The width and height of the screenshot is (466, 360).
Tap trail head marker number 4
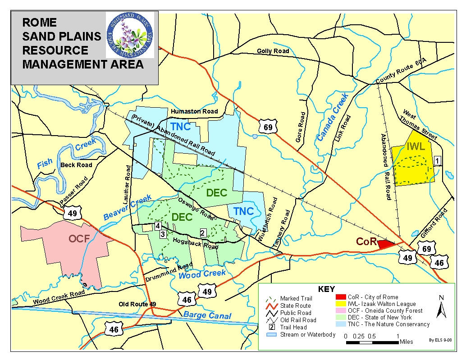(158, 226)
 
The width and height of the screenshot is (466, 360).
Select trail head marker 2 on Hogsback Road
(203, 233)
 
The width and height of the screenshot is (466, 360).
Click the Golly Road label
(273, 51)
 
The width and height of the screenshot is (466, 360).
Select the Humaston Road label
(194, 111)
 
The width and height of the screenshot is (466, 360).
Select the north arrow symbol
(441, 307)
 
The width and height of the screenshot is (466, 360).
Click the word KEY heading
(326, 289)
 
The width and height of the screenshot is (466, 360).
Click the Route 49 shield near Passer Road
(72, 212)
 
